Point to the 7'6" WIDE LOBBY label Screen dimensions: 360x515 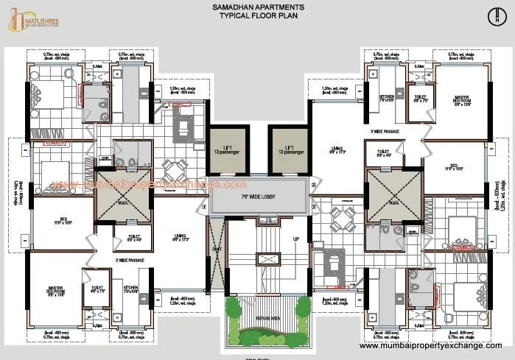click(256, 197)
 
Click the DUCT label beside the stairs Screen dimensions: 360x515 click(217, 250)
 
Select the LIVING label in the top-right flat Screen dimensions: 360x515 click(337, 150)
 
